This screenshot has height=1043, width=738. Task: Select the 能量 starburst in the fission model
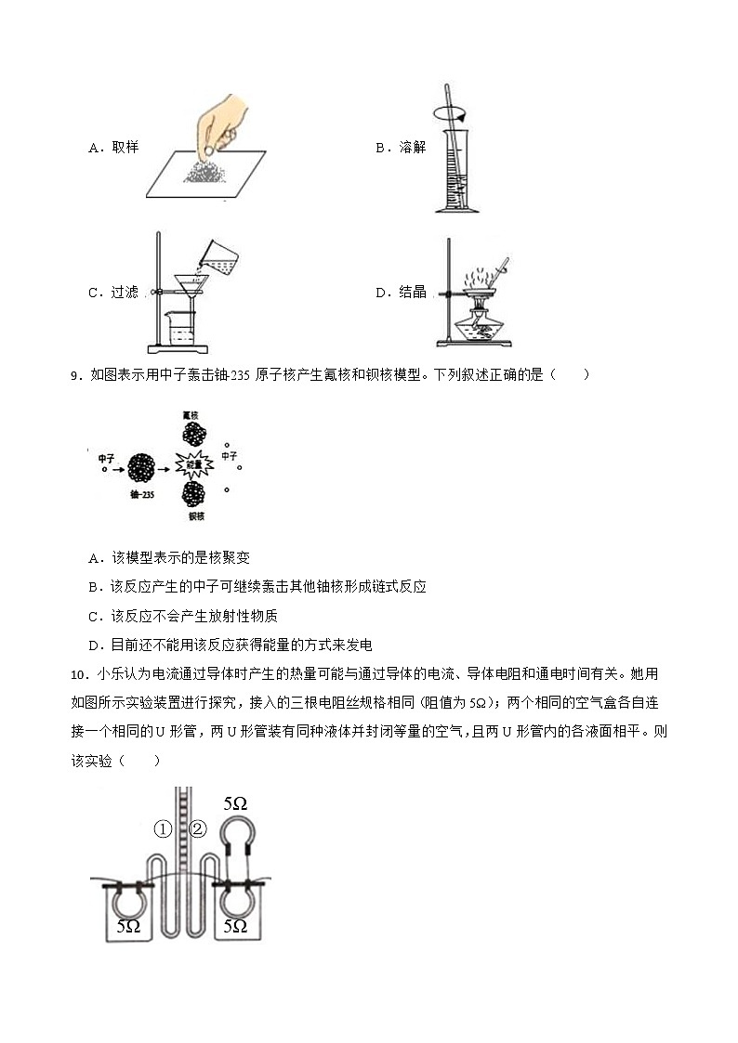click(x=193, y=464)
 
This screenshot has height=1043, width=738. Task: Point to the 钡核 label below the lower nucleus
click(x=195, y=515)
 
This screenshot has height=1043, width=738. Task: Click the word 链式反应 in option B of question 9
click(x=397, y=586)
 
